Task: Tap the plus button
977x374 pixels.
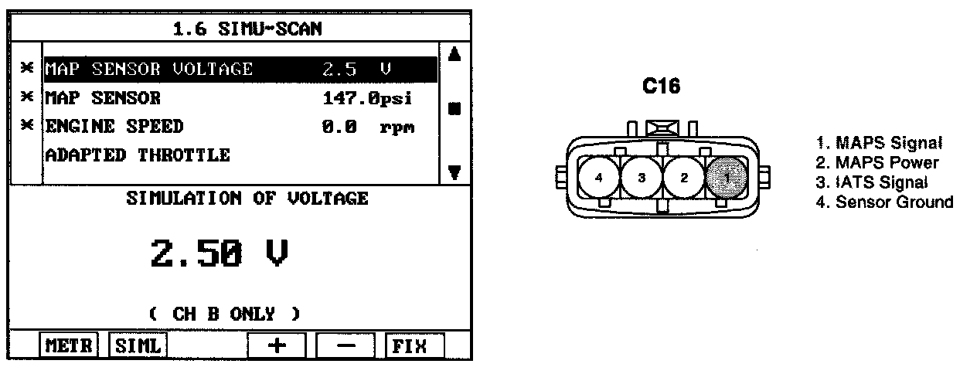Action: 275,346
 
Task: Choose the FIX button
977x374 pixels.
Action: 415,346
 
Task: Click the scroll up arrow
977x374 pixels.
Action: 454,56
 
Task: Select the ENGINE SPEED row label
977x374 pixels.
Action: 114,126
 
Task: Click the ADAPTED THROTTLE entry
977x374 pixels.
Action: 138,155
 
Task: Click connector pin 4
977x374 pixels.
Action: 600,177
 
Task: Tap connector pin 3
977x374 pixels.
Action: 642,177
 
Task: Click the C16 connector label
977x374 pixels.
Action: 662,87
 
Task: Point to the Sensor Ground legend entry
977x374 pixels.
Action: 894,202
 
